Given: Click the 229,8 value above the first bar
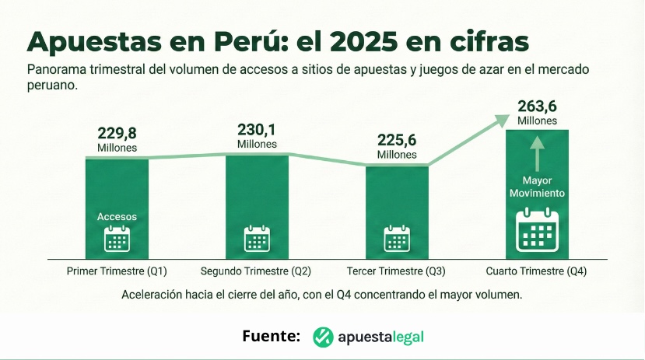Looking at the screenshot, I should [117, 134].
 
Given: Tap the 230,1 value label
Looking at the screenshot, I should [258, 130].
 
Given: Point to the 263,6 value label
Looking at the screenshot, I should [538, 107].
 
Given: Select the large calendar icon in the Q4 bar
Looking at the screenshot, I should [538, 230].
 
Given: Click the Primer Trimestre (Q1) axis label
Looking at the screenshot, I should [117, 271].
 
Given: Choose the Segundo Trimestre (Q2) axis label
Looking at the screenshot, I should [256, 271].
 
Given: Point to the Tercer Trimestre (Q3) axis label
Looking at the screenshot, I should [396, 271].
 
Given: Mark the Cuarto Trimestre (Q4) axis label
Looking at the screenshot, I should [536, 271].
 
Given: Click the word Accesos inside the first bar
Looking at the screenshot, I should [117, 217].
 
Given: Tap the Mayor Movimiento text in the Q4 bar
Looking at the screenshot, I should [538, 187].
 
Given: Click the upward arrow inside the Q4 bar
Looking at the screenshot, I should [538, 153].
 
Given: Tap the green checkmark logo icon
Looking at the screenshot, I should [323, 337].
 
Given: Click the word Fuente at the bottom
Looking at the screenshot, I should [271, 337].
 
